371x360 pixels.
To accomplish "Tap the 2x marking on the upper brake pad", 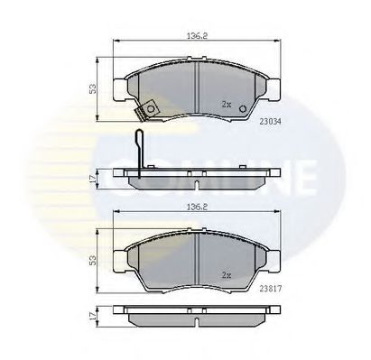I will (x=227, y=106).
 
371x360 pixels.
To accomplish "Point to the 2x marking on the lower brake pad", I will (x=227, y=273).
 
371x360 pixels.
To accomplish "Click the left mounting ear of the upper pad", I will (x=118, y=88).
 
